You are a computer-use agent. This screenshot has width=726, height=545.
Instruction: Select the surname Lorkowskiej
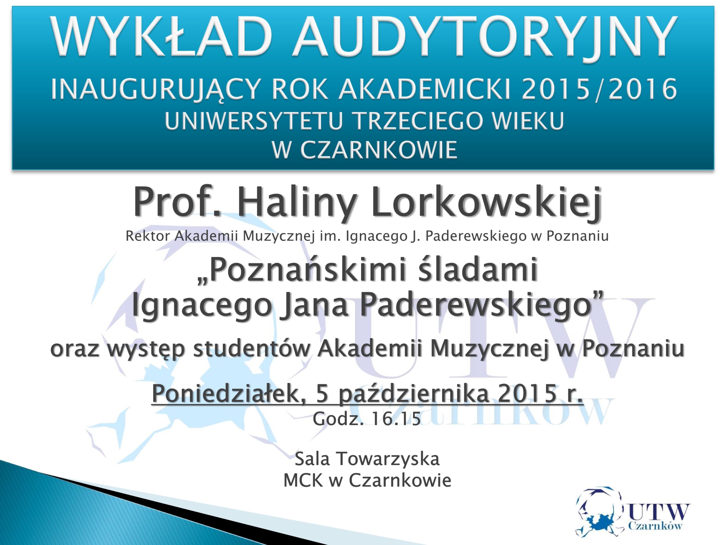point(486,202)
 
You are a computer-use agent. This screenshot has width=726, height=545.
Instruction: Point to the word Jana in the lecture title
point(315,305)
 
